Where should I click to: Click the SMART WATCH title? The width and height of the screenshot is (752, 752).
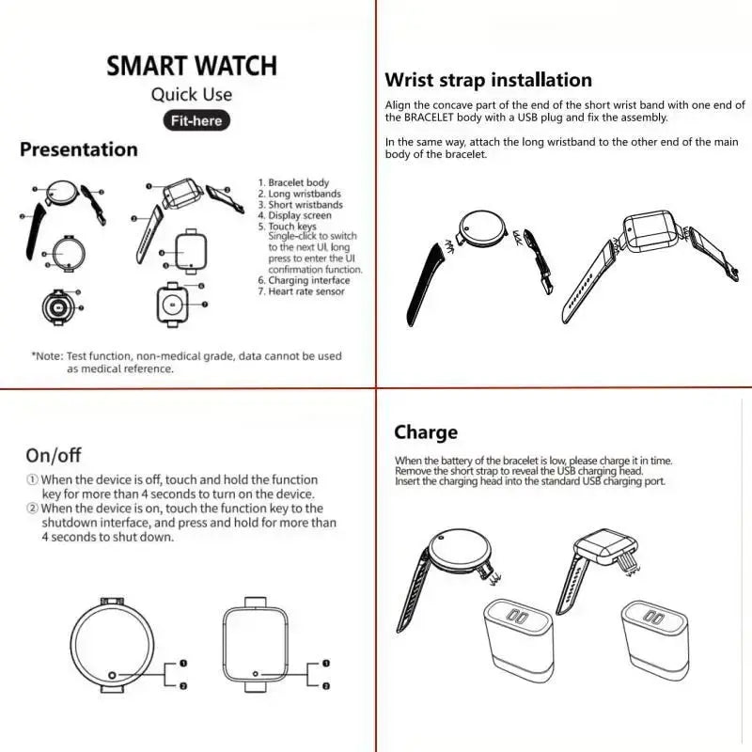click(x=192, y=66)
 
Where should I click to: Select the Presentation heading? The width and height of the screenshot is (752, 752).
click(x=79, y=149)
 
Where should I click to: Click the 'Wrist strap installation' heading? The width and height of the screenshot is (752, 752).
click(x=489, y=81)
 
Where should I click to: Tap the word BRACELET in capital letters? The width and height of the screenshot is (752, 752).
click(x=424, y=117)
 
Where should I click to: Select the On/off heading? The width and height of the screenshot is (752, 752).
click(x=54, y=456)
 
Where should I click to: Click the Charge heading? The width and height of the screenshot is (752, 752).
click(x=426, y=432)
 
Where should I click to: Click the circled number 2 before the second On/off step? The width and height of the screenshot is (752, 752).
click(x=32, y=509)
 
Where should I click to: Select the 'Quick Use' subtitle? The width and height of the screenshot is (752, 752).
click(x=192, y=94)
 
